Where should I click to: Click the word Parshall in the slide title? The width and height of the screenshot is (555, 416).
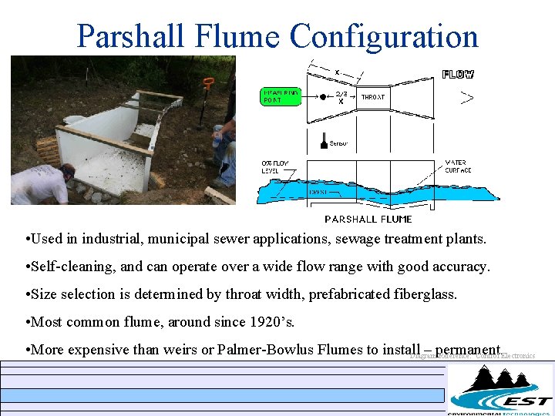130,36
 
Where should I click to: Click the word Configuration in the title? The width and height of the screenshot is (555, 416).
383,36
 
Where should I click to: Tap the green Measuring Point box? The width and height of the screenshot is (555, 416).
280,96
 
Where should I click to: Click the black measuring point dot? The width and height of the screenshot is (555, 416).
323,97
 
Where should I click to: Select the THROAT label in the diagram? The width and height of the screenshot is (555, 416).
372,97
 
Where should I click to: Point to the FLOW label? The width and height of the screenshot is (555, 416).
458,75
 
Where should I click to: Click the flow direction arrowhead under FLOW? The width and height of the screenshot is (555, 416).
466,97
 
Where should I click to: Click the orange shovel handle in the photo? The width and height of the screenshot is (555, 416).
208,82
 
